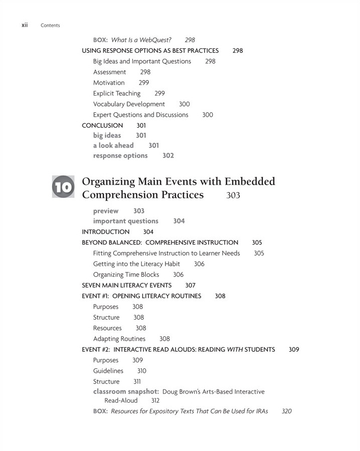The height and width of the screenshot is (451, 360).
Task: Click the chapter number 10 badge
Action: (x=63, y=187)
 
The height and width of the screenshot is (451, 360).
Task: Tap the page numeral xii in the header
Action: (x=24, y=25)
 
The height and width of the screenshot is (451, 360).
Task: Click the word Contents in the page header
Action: (x=50, y=25)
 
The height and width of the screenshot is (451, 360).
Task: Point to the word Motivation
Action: (x=109, y=83)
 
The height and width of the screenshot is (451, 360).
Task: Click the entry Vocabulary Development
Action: (x=129, y=104)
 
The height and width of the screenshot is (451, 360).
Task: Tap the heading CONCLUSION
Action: (x=102, y=125)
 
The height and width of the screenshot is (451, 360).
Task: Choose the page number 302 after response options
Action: (x=168, y=156)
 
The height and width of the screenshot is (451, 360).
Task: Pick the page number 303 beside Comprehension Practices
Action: (x=233, y=195)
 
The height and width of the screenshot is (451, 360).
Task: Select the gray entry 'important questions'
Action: (x=125, y=221)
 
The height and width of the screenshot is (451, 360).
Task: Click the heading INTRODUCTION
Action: (x=106, y=232)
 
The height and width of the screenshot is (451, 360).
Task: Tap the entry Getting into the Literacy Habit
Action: (x=136, y=264)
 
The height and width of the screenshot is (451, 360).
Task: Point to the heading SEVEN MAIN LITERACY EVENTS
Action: (x=126, y=285)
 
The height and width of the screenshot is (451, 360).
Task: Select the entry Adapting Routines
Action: (x=119, y=339)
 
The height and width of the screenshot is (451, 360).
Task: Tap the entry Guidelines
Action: (x=108, y=371)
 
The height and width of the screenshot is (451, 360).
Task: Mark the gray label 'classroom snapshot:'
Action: (x=126, y=392)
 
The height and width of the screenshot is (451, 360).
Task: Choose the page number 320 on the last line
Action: (x=286, y=411)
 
